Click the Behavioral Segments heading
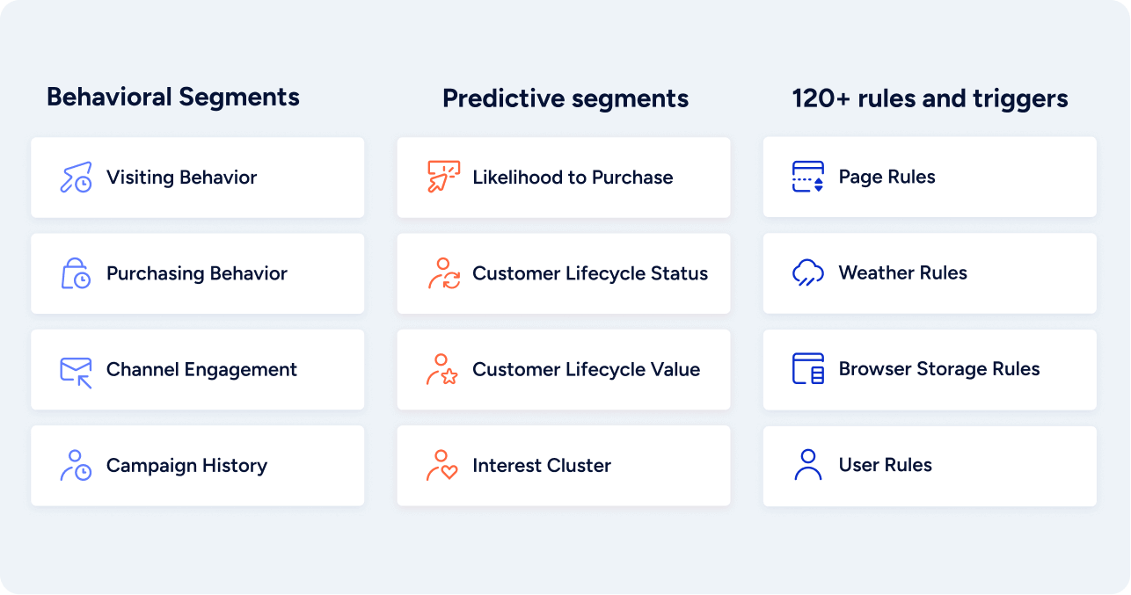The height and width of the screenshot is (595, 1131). coord(172,98)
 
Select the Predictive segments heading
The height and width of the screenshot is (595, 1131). coord(565,98)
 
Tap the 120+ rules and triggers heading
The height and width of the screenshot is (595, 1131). coord(930,98)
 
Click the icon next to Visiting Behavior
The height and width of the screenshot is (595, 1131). coord(77,178)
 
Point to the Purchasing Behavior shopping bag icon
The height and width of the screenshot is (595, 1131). coord(76,273)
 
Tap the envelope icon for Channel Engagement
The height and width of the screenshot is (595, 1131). coord(77,373)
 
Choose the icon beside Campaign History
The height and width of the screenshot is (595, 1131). coord(77,465)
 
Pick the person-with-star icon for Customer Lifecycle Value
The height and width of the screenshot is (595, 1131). coord(442,369)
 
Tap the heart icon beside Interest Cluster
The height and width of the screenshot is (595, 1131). coord(442,465)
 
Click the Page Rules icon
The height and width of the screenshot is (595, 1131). coord(808,177)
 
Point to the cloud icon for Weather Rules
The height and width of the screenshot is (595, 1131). coord(808,273)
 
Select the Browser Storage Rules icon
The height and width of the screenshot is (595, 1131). coord(808,369)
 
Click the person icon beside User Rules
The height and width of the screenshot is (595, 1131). coord(808,465)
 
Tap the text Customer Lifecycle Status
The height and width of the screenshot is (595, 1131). coord(590,273)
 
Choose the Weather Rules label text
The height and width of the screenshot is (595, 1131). coord(903,273)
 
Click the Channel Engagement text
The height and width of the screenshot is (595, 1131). coord(201,370)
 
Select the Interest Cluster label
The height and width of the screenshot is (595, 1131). coord(541,465)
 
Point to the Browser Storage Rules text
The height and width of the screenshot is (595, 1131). coord(939,369)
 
